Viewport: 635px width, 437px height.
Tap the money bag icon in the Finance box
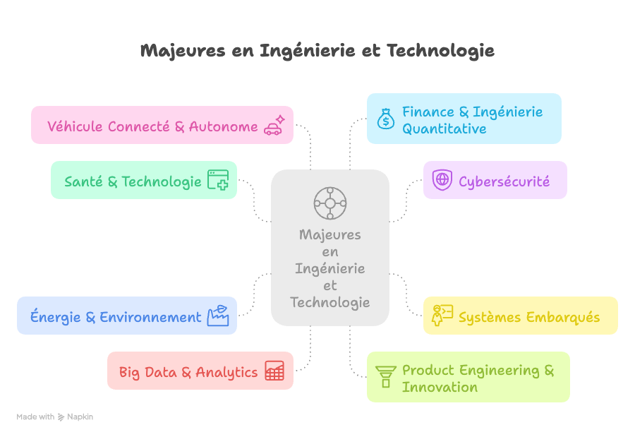click(385, 119)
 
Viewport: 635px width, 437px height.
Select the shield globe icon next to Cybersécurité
click(442, 179)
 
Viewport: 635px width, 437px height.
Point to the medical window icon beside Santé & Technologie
click(218, 180)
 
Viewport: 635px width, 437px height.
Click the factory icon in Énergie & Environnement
click(218, 316)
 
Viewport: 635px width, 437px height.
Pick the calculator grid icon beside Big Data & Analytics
click(274, 371)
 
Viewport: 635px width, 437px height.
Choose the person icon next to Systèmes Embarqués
click(442, 315)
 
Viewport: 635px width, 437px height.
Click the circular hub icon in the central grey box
click(329, 203)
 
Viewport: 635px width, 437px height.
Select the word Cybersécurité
click(504, 181)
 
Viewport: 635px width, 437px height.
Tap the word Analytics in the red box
click(226, 372)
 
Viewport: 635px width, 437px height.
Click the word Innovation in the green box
click(440, 387)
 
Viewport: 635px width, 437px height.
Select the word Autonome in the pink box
click(223, 126)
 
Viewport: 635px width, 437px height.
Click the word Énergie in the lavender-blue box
click(55, 317)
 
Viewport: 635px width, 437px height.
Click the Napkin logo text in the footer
click(80, 417)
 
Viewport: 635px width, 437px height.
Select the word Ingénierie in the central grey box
click(329, 269)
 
